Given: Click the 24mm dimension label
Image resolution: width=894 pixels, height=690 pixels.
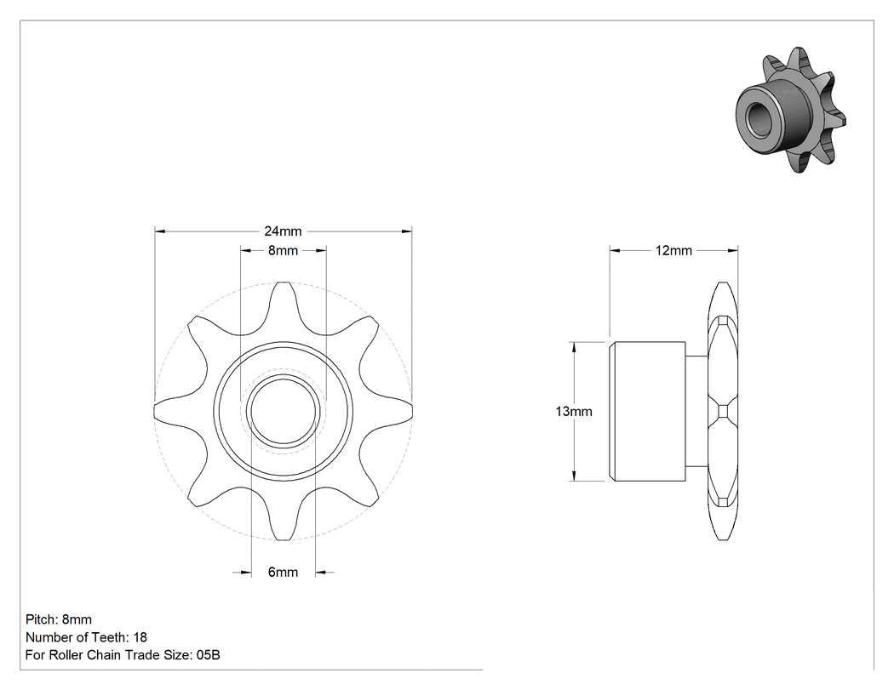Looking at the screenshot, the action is (x=283, y=231).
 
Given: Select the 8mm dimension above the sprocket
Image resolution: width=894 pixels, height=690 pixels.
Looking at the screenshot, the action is (x=283, y=250).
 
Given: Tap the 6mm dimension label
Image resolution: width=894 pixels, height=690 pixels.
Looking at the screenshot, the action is (x=283, y=572).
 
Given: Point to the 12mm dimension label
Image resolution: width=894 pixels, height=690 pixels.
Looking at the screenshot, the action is (x=673, y=251).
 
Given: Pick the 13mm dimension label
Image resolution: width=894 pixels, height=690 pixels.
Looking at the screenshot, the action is (x=574, y=412).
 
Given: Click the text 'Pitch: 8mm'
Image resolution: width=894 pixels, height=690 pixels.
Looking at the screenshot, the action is (x=59, y=619).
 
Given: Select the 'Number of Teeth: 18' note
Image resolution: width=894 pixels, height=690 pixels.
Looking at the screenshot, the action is (x=86, y=637).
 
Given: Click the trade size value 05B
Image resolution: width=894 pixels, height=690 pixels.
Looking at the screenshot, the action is (x=208, y=655).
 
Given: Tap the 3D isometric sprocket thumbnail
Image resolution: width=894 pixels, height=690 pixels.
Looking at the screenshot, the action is (x=790, y=110).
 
